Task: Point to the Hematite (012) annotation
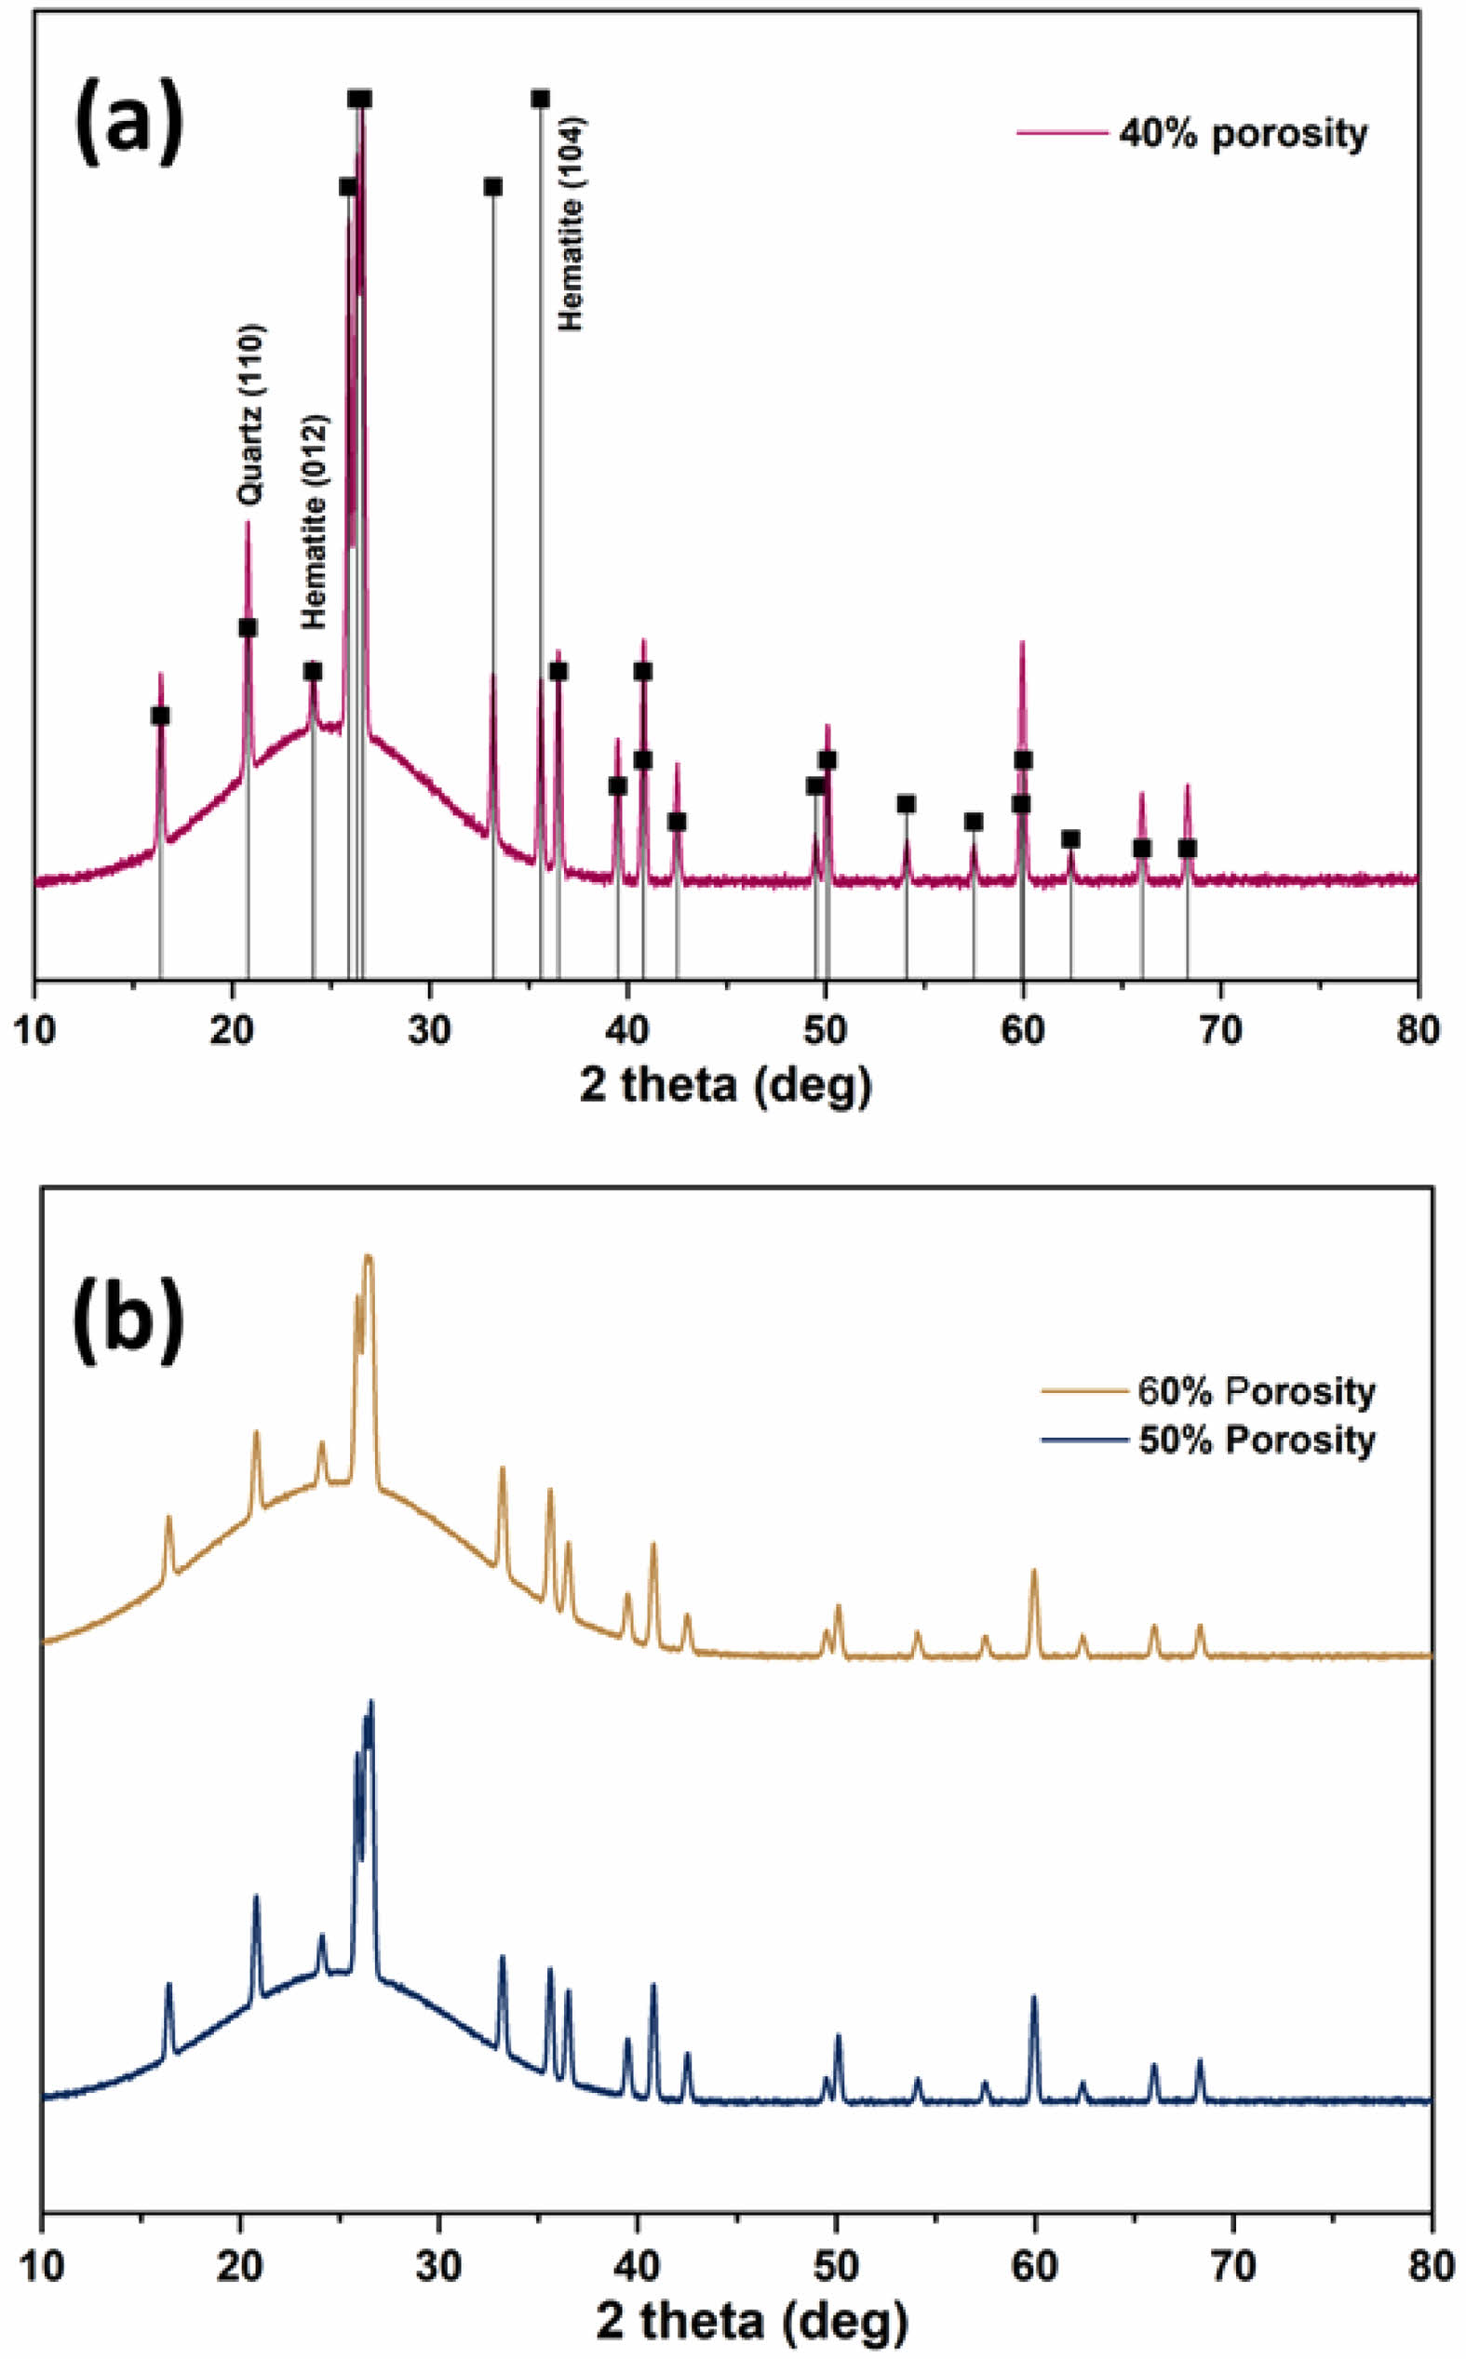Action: coord(313,521)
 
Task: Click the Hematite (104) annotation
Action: coord(572,224)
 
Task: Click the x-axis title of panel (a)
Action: coord(725,1087)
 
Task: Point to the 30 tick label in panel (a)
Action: coord(429,1028)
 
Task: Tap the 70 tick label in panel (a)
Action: coord(1220,1028)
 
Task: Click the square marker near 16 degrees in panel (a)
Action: coord(160,716)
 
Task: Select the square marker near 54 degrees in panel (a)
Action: coord(906,803)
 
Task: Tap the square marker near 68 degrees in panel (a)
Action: coord(1187,848)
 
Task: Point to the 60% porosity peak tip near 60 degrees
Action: coord(1033,1571)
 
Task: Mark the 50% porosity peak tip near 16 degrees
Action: coord(168,1984)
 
